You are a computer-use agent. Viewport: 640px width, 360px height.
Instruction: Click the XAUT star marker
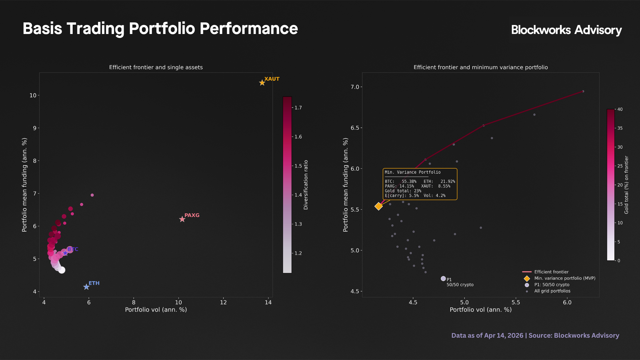click(262, 83)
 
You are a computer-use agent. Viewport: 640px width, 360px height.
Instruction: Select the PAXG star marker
click(182, 219)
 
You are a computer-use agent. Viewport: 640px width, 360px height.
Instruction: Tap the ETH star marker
click(86, 287)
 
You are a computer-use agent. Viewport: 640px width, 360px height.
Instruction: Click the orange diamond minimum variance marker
click(378, 206)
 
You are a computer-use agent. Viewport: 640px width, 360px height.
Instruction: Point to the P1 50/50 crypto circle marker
click(443, 279)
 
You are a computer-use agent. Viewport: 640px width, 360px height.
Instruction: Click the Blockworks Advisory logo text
click(566, 30)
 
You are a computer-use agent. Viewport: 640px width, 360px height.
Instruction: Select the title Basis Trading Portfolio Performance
click(160, 29)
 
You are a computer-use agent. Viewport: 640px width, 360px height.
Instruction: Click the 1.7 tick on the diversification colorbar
click(298, 108)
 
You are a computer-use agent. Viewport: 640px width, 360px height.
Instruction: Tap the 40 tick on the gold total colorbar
click(620, 109)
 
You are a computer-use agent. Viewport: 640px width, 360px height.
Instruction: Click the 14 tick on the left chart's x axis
click(268, 303)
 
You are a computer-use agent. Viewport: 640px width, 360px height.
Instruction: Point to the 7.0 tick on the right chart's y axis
click(355, 87)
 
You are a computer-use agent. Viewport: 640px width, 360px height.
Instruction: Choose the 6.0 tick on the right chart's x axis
click(567, 303)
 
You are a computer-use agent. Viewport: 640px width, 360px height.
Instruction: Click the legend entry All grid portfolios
click(552, 291)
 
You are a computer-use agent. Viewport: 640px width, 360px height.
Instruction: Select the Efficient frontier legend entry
click(551, 272)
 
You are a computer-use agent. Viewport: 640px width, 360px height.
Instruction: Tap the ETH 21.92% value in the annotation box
click(447, 182)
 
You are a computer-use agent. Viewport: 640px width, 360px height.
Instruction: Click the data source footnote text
click(535, 335)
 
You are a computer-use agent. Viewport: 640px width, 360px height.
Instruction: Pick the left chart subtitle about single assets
click(156, 67)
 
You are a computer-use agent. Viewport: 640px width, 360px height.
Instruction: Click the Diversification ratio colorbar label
click(306, 185)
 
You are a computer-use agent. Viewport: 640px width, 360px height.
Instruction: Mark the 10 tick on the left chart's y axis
click(33, 95)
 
